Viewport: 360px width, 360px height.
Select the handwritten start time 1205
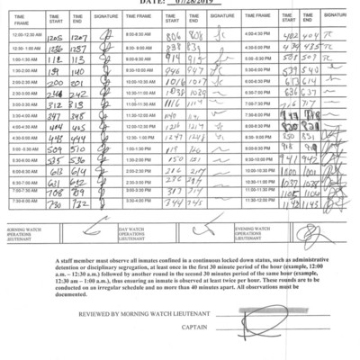point(54,35)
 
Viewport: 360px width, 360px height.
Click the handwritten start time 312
point(53,103)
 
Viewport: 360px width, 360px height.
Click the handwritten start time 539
point(290,69)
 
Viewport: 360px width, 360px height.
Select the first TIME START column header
point(54,18)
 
